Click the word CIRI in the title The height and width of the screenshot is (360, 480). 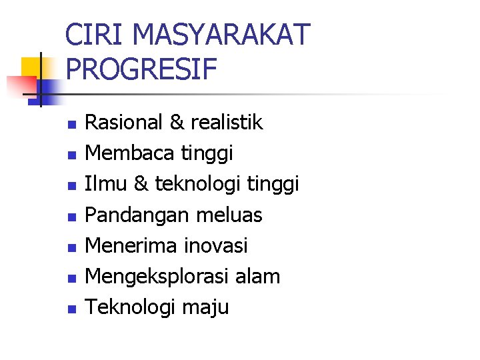92,35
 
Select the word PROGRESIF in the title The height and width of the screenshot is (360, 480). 142,69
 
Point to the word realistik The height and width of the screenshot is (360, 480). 227,123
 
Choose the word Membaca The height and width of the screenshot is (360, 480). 130,153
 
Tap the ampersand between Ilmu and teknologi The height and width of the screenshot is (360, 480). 141,184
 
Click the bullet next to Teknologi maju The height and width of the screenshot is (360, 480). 72,309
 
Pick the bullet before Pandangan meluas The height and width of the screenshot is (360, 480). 72,217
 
